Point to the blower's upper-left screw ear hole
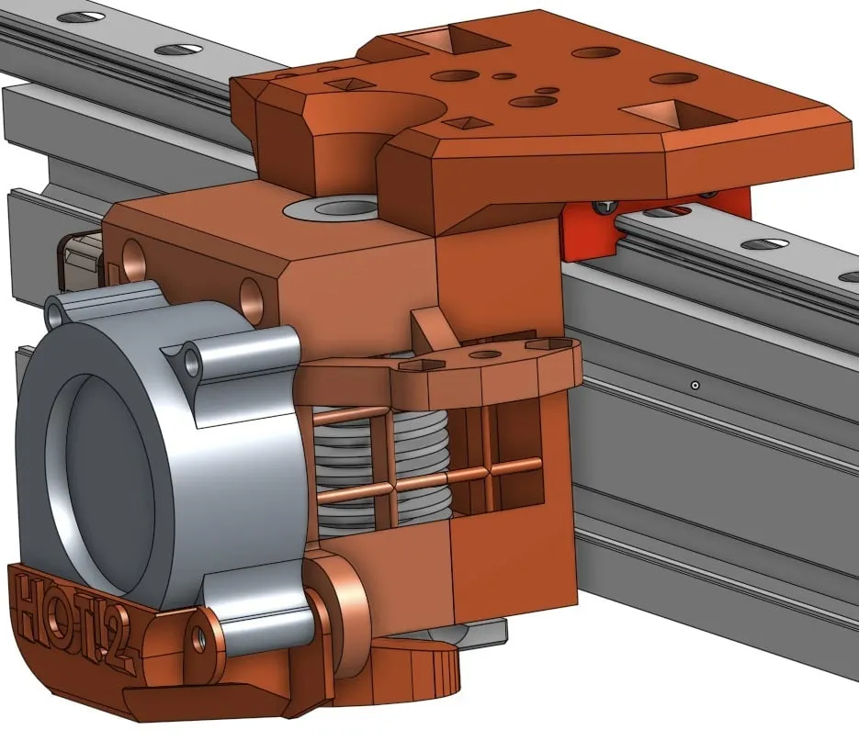[58, 313]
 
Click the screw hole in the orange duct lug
[197, 639]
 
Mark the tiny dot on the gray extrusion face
[695, 384]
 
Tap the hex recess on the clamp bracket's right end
[542, 343]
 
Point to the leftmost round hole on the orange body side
[132, 258]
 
